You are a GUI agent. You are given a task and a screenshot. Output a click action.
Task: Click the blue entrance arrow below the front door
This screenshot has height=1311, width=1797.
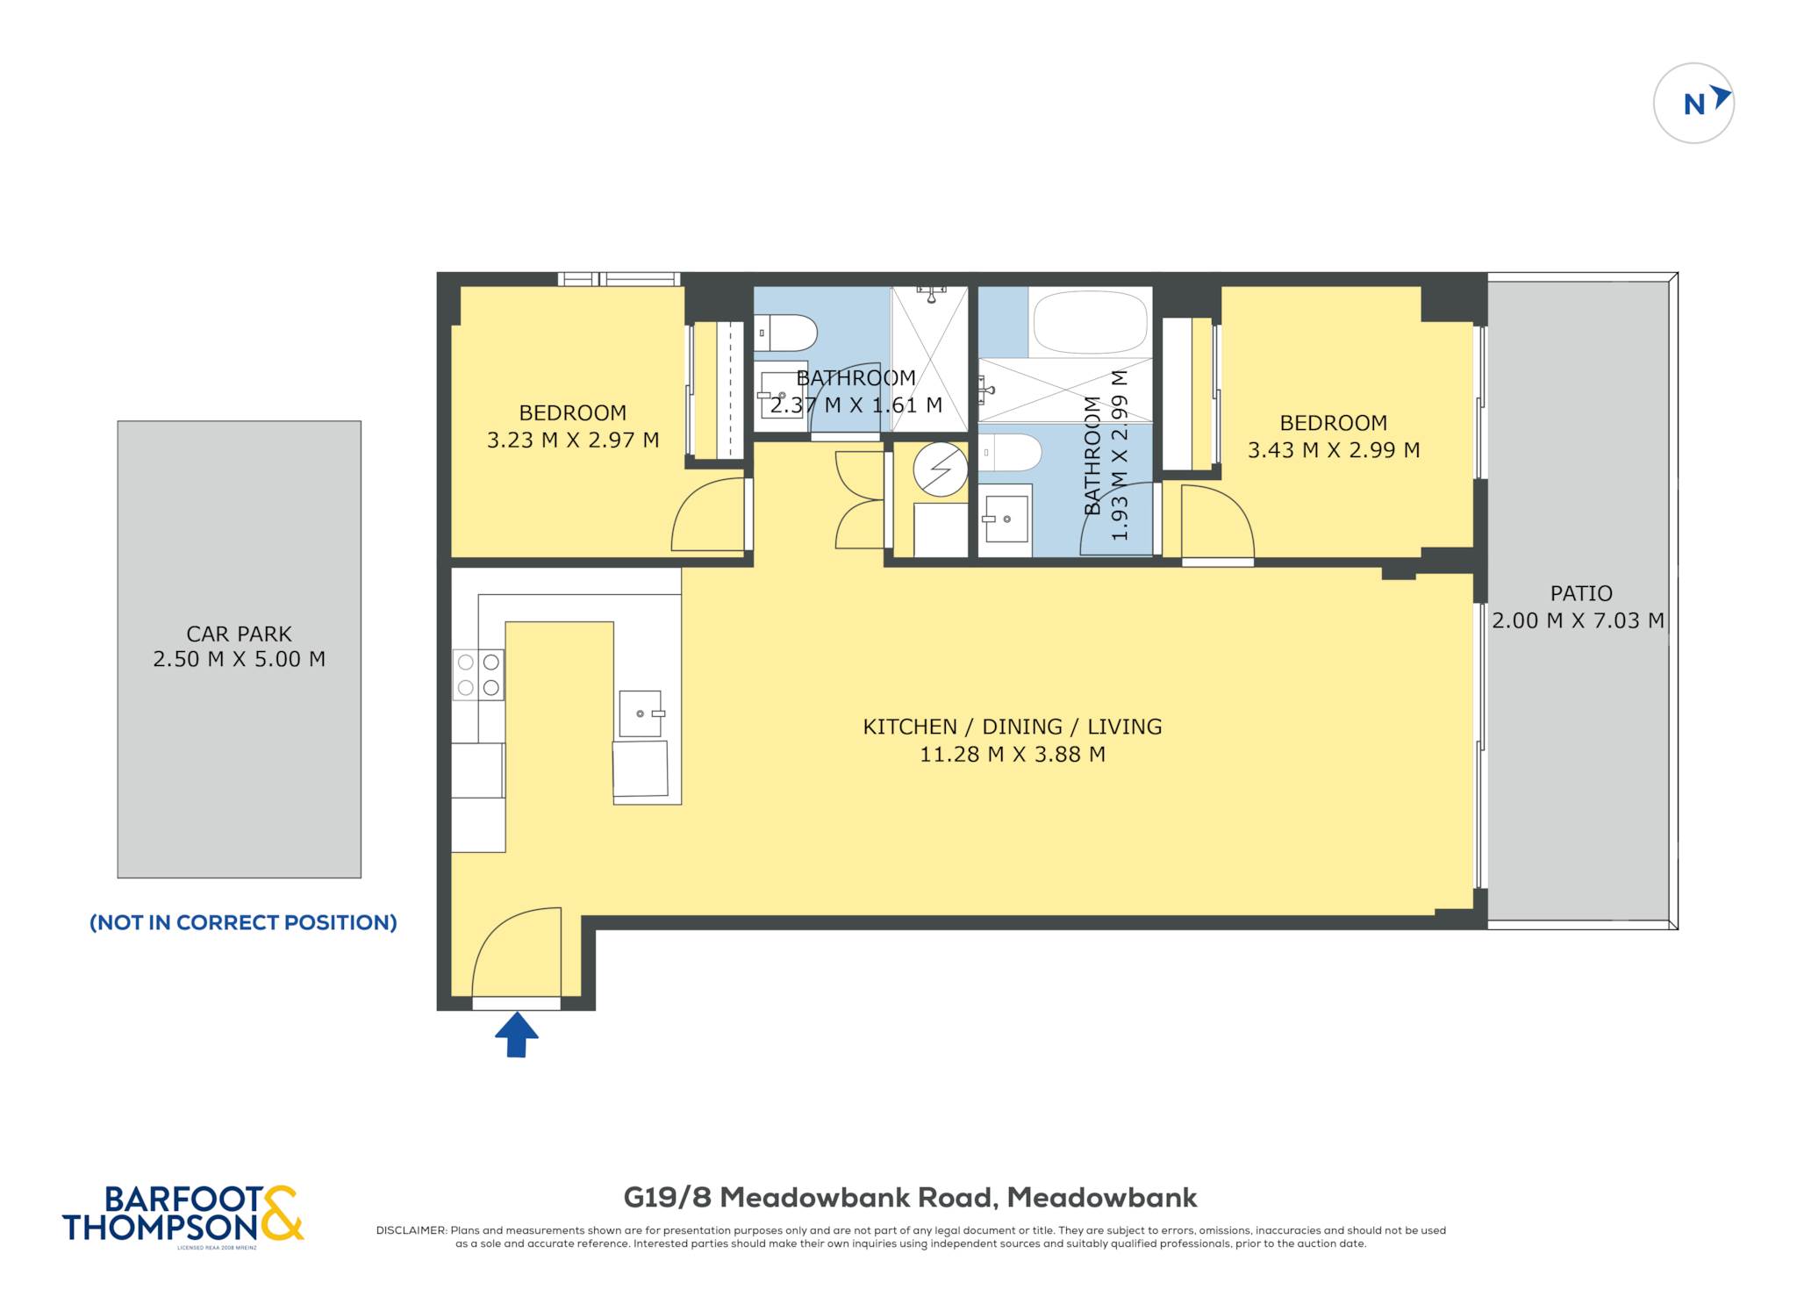(516, 1035)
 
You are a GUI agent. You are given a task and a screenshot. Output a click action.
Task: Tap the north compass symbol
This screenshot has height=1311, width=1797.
(1693, 104)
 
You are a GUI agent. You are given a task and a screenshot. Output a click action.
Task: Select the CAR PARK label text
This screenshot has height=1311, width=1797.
(239, 634)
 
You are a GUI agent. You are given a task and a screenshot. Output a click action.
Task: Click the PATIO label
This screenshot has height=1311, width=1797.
(1581, 593)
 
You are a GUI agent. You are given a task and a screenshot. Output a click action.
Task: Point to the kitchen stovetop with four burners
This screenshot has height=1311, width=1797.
(478, 675)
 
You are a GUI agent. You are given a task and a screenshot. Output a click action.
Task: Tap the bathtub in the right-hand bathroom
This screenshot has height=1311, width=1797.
(1091, 322)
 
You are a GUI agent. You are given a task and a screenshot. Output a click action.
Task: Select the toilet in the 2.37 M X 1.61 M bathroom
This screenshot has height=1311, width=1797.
(786, 333)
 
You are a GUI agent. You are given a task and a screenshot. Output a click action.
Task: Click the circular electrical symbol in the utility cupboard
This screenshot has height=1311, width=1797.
(940, 469)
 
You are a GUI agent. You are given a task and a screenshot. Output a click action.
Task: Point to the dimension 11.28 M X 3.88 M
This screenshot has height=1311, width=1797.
(1013, 754)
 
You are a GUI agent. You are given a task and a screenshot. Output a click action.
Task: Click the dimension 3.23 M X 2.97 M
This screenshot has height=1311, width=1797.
(573, 440)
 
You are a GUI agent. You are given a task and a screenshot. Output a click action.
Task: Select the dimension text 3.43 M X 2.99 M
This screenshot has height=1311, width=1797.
(1334, 450)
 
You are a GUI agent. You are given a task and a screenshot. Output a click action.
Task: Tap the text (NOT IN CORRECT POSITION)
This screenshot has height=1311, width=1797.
(243, 922)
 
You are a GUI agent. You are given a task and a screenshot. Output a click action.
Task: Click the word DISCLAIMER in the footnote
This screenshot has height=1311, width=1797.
(412, 1230)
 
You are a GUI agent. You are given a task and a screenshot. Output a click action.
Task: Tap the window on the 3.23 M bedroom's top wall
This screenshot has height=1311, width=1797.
(619, 279)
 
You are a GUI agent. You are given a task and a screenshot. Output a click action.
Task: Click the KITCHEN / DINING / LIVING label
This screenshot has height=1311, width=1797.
(1013, 727)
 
